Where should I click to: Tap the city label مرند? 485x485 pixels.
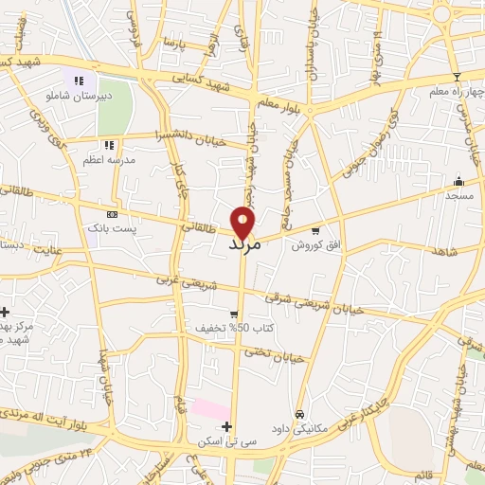[244, 243]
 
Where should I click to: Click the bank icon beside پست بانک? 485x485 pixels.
[113, 215]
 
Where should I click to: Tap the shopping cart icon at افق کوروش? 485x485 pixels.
[315, 229]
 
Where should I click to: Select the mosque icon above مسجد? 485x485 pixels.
[459, 181]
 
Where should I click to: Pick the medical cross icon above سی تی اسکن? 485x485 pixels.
[225, 427]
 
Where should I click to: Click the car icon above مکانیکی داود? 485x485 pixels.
[299, 414]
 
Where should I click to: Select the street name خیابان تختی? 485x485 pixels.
[283, 356]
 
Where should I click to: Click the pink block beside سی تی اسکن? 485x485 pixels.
[209, 410]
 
